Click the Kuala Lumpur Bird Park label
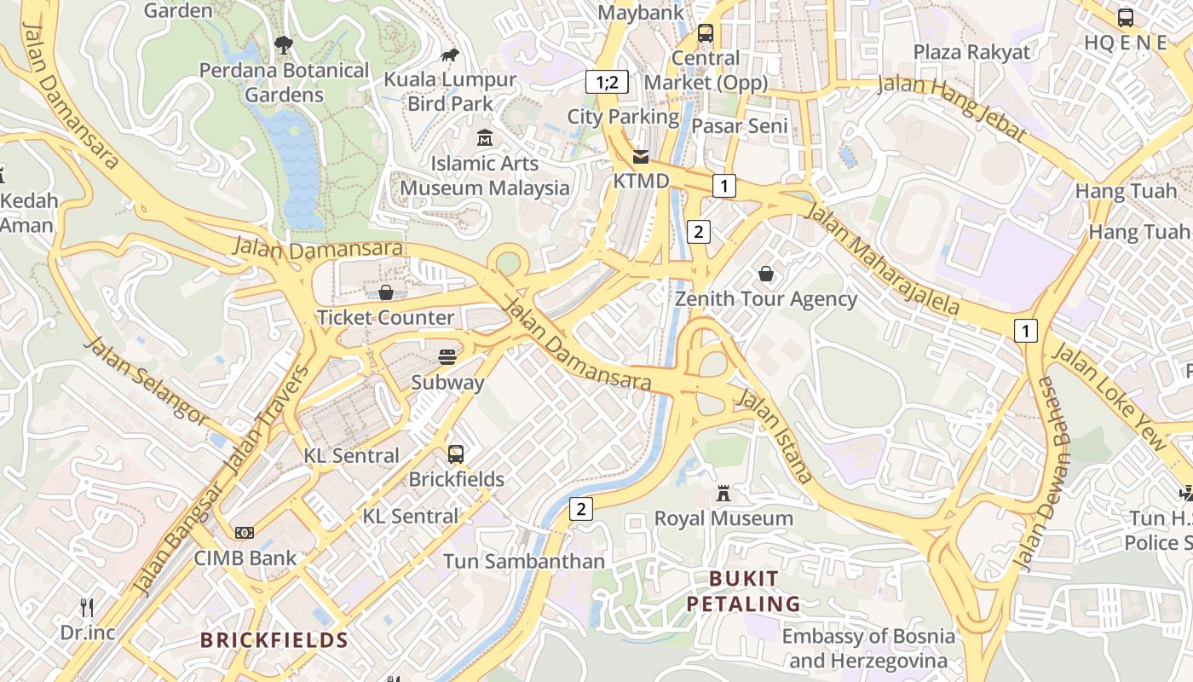[x=450, y=91]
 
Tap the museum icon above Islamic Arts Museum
[x=485, y=137]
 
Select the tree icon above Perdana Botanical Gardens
[x=284, y=44]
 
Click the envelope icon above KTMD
[x=641, y=157]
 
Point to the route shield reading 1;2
[x=607, y=82]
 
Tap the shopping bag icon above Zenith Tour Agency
[x=766, y=274]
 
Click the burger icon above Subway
[x=447, y=356]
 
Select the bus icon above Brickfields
[x=456, y=454]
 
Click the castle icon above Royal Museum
[x=723, y=493]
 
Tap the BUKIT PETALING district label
[x=743, y=592]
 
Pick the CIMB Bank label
[x=245, y=558]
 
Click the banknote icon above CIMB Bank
[x=245, y=533]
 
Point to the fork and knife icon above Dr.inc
[x=87, y=608]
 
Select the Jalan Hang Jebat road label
[x=952, y=106]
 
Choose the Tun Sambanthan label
[x=523, y=561]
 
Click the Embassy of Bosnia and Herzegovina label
[x=868, y=648]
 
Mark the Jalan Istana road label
[x=775, y=436]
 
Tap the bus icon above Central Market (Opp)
[x=706, y=33]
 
